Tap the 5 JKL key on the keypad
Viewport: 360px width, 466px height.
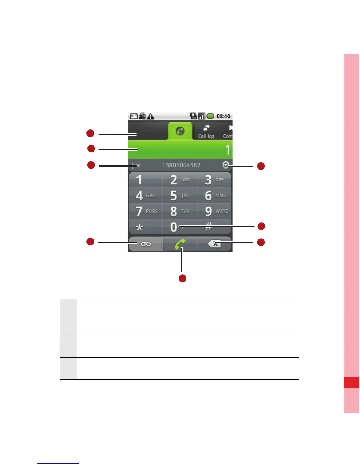(x=180, y=195)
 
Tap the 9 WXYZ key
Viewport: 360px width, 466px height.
(x=214, y=211)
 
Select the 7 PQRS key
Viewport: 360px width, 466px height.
(x=146, y=211)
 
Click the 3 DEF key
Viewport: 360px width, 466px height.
(x=214, y=180)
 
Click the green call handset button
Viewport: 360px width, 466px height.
(x=180, y=244)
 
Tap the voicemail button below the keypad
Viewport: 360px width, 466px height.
(x=146, y=244)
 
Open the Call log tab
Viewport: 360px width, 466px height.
(x=206, y=132)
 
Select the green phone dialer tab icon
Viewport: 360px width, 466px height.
(x=180, y=131)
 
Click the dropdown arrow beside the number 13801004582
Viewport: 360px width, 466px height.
(x=226, y=165)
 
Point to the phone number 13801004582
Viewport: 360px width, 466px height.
(x=181, y=165)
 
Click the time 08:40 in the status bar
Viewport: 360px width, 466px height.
(x=223, y=116)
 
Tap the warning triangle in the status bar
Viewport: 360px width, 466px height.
(x=151, y=116)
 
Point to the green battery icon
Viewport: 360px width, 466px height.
(x=210, y=116)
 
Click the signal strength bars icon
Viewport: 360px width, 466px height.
(x=201, y=116)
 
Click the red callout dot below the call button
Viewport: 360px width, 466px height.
(x=183, y=278)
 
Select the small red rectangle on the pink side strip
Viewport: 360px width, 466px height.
(x=351, y=383)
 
